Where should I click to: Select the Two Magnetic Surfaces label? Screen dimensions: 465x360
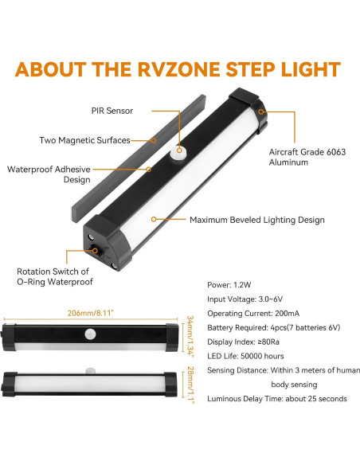click(x=84, y=140)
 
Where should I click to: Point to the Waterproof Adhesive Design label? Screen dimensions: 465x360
click(x=49, y=175)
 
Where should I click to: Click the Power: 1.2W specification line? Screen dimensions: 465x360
click(x=231, y=283)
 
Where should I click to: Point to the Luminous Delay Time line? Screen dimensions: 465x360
click(x=276, y=398)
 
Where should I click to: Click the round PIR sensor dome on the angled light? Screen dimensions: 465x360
click(x=180, y=150)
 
